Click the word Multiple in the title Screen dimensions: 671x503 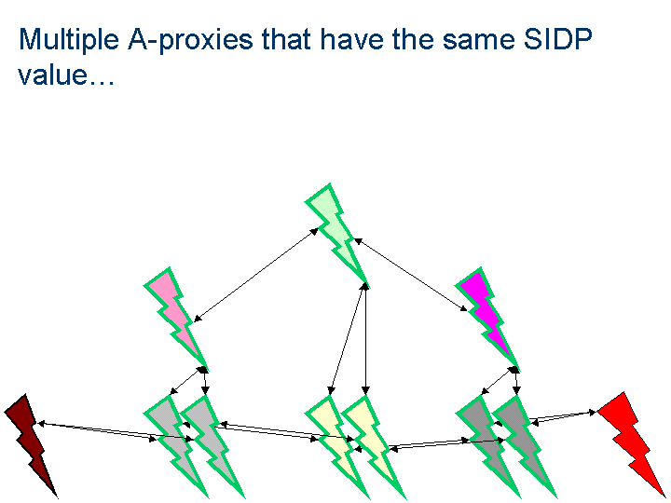pos(69,39)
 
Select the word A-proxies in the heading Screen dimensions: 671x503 pos(190,39)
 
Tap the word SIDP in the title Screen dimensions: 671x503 pos(558,39)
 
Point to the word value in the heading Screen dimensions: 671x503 pos(53,75)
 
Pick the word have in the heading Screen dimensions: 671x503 pos(352,39)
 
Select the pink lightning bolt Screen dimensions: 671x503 pos(175,319)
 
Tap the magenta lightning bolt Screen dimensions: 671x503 pos(487,319)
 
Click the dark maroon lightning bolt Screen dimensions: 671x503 pos(31,445)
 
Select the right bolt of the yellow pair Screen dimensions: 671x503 pos(373,447)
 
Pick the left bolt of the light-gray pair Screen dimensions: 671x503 pos(175,447)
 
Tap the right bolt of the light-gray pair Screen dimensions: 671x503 pos(212,447)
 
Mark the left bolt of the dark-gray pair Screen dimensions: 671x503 pos(487,447)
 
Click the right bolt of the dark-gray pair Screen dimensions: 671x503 pos(525,447)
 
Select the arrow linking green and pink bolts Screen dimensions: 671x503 pos(256,275)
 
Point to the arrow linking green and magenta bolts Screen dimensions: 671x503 pos(411,275)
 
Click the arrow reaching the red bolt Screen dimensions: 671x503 pos(563,417)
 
